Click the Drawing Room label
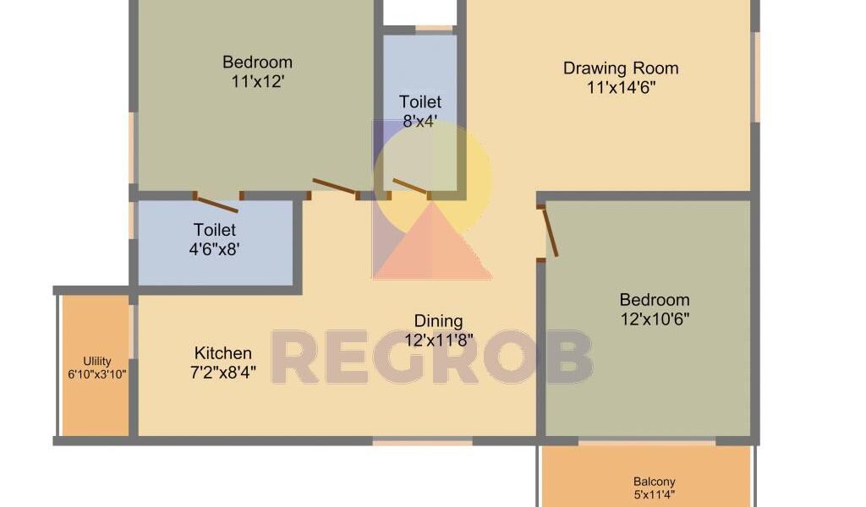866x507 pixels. pos(621,68)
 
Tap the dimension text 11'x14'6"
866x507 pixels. pos(621,88)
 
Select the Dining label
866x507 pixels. pos(438,321)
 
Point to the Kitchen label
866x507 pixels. pos(222,353)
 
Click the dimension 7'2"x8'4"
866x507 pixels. pos(222,373)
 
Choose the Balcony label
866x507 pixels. pos(654,482)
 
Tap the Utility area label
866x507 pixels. pos(97,362)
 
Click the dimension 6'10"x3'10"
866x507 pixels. pos(97,374)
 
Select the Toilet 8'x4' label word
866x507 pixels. pos(420,102)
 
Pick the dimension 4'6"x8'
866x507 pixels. pos(214,249)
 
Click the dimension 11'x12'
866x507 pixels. pos(257,82)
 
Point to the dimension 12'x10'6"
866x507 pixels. pos(655,319)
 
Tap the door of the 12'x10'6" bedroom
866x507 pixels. pos(550,232)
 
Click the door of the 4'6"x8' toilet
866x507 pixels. pos(217,204)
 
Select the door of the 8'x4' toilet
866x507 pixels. pos(410,187)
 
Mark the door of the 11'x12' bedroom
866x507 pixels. pos(335,187)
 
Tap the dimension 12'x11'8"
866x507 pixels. pos(439,341)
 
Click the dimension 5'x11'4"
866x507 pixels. pos(654,495)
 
